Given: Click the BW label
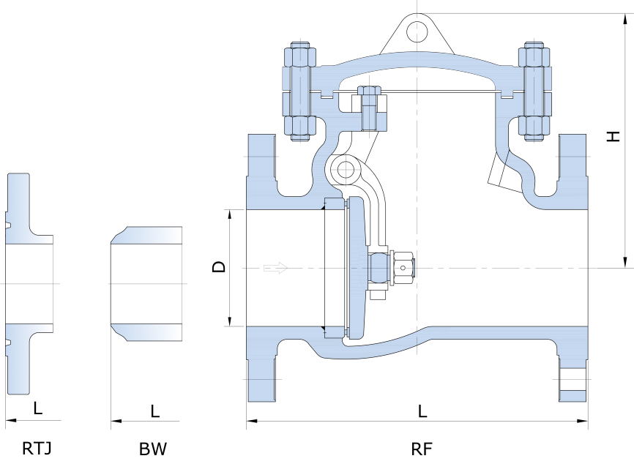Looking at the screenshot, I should click(152, 449).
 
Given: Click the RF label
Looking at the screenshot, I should click(422, 449).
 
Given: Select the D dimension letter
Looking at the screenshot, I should click(218, 267).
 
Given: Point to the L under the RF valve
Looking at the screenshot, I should click(422, 411).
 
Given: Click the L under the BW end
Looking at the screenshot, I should click(154, 411).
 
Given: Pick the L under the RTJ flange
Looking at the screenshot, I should click(37, 408).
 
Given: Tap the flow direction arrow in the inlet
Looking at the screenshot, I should click(275, 268).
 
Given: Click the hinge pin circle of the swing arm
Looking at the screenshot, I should click(345, 171).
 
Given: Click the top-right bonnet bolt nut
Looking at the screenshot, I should click(534, 56).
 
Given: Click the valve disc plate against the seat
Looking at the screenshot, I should click(356, 269).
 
